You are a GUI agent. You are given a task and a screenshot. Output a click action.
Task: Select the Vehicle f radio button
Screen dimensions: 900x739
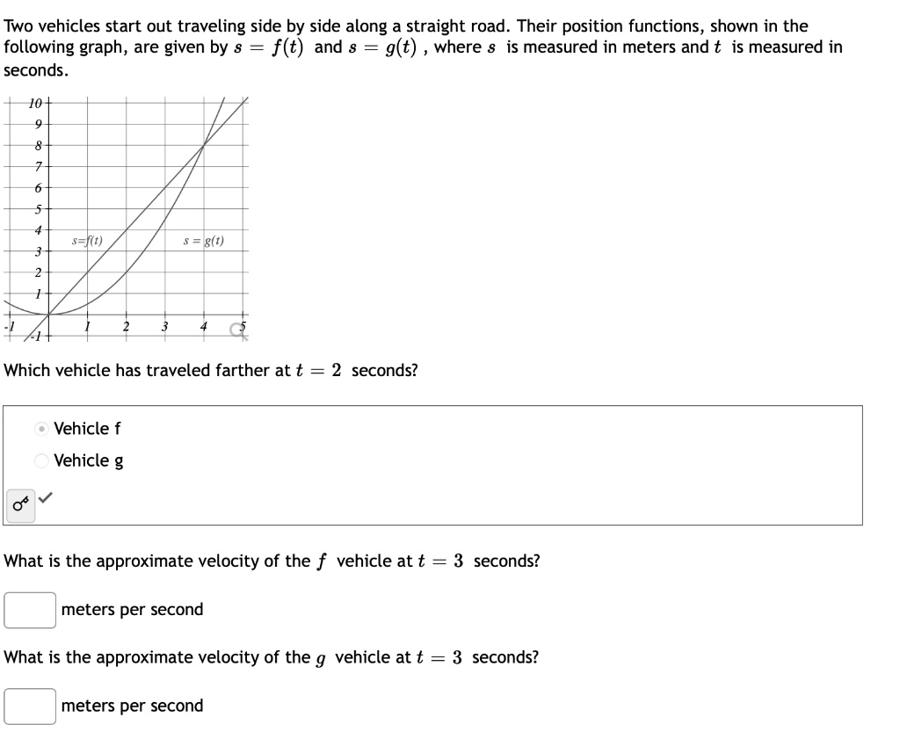[x=41, y=429]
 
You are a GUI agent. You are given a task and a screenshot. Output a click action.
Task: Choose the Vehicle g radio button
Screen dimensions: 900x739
[x=41, y=460]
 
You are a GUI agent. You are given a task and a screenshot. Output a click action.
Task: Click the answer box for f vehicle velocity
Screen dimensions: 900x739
[x=30, y=610]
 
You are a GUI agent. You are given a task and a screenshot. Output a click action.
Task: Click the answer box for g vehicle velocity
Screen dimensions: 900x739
[x=30, y=706]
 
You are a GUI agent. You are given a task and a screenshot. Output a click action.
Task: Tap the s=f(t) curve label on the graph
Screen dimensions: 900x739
[x=87, y=240]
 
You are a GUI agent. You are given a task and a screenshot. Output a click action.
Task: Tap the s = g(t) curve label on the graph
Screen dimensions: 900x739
[x=203, y=240]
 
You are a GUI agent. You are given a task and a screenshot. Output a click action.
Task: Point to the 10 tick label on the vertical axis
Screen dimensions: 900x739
[x=36, y=103]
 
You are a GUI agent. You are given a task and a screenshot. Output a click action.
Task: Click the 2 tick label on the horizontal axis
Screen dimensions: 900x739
[x=127, y=327]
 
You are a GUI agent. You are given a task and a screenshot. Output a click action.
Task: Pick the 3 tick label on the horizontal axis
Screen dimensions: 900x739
[x=164, y=327]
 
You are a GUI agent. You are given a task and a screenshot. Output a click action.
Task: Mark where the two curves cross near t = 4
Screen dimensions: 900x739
[x=203, y=145]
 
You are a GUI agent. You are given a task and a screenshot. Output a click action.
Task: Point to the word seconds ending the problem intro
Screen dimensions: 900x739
[x=34, y=69]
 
